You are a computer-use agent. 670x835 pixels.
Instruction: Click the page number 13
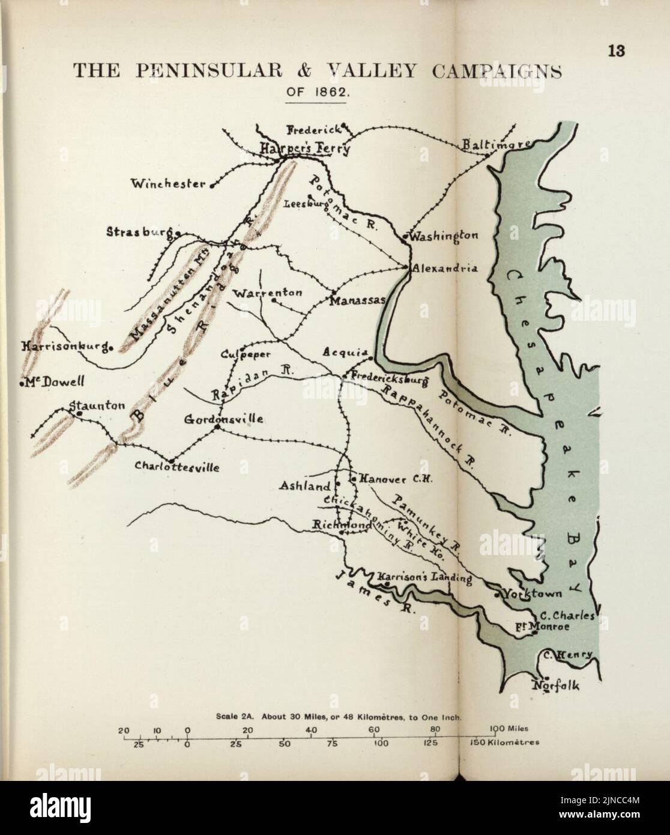pos(616,51)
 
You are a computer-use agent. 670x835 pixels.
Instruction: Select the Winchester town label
pos(168,184)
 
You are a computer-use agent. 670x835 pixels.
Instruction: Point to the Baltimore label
pos(496,145)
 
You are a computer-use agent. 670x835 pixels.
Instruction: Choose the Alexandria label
pos(445,269)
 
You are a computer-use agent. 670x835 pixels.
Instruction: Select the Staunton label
pos(98,407)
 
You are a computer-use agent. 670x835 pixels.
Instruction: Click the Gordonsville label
pos(223,419)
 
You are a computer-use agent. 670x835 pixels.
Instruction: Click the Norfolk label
pos(557,686)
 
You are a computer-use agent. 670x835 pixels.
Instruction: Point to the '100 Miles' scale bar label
pos(509,729)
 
